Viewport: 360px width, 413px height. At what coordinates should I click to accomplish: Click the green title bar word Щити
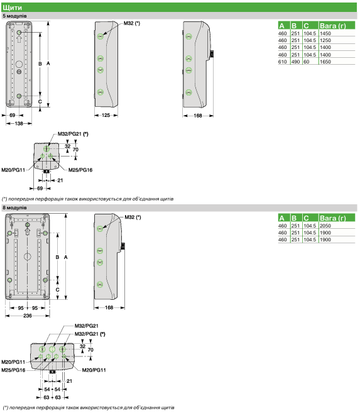12,8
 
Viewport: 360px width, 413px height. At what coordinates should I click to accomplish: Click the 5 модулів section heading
14,16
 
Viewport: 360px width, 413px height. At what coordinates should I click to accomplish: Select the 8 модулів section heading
14,208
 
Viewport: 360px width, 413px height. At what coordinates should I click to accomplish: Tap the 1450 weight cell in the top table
325,33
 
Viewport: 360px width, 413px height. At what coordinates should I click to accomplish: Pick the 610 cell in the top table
282,62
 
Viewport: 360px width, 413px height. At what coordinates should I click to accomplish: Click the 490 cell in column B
295,62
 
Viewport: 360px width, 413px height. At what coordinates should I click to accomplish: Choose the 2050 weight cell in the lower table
325,226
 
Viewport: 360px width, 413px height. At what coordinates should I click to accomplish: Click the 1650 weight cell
325,62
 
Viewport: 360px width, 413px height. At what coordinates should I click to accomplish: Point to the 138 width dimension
19,123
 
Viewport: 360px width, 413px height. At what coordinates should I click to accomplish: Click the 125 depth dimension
106,115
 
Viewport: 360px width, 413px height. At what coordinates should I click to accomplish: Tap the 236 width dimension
28,316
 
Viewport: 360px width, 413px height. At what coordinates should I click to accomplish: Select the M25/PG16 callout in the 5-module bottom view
80,170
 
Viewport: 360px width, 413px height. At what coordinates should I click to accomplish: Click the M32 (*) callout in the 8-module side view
133,217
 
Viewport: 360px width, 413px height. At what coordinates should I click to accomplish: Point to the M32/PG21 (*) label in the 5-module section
73,134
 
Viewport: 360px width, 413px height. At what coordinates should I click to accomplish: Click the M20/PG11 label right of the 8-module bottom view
94,370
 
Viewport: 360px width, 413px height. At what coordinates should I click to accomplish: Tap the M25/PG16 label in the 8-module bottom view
13,370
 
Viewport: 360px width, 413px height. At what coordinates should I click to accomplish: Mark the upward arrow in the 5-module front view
19,39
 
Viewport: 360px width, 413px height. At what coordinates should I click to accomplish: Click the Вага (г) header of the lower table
332,218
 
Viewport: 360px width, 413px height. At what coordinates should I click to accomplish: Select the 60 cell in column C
307,62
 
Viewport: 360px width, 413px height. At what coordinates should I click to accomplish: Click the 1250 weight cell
325,40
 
